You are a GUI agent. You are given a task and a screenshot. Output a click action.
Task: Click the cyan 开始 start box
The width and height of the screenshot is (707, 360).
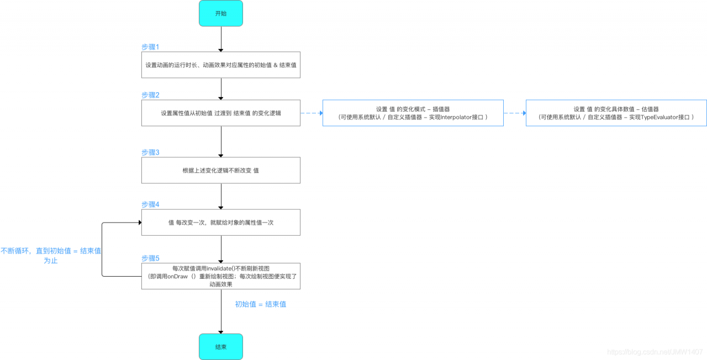pyautogui.click(x=221, y=13)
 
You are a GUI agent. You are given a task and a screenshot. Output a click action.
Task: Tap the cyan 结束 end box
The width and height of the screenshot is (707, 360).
pyautogui.click(x=221, y=347)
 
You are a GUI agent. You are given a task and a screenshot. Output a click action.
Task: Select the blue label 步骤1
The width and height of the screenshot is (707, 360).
pyautogui.click(x=150, y=47)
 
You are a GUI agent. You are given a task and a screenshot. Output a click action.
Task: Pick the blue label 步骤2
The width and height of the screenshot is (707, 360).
pyautogui.click(x=150, y=95)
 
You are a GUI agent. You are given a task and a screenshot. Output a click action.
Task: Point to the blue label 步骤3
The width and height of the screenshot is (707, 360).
pyautogui.click(x=150, y=152)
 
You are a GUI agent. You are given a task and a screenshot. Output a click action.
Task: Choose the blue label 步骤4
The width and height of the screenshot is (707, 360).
pyautogui.click(x=150, y=204)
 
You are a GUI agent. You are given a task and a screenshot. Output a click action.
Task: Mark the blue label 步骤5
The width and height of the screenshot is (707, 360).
pyautogui.click(x=150, y=258)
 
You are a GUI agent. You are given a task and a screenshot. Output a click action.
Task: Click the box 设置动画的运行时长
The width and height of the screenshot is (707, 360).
pyautogui.click(x=221, y=65)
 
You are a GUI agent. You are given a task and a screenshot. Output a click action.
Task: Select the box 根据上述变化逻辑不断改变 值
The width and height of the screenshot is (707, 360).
pyautogui.click(x=221, y=170)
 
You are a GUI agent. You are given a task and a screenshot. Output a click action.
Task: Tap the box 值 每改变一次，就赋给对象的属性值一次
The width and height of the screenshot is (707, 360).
pyautogui.click(x=221, y=223)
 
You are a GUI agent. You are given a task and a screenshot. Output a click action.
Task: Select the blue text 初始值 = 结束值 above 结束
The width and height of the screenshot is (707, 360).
pyautogui.click(x=261, y=304)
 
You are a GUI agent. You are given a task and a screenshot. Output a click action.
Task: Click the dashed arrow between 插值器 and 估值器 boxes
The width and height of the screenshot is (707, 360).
pyautogui.click(x=515, y=113)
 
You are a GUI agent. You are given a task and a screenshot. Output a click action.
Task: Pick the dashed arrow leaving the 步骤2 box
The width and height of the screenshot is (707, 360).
pyautogui.click(x=312, y=113)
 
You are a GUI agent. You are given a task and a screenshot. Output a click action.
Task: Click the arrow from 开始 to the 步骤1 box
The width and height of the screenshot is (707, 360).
pyautogui.click(x=221, y=39)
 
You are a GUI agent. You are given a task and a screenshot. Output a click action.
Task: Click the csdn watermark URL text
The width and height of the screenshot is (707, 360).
pyautogui.click(x=655, y=352)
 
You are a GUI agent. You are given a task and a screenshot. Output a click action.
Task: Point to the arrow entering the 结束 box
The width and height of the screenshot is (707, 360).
pyautogui.click(x=221, y=312)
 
